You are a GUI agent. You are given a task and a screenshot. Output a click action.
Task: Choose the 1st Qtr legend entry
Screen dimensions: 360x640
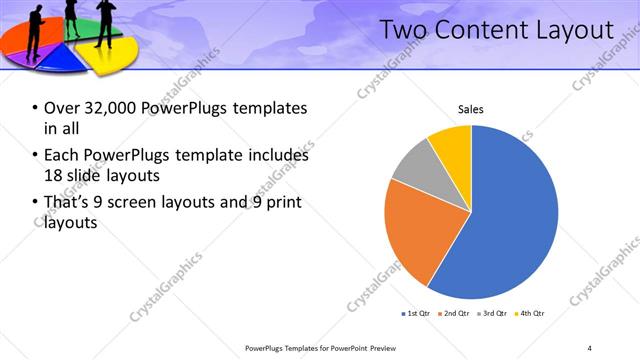tap(417, 314)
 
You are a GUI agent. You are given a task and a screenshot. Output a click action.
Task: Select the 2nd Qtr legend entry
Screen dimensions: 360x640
tap(456, 314)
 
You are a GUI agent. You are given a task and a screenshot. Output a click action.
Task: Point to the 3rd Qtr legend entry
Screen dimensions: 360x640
tap(494, 314)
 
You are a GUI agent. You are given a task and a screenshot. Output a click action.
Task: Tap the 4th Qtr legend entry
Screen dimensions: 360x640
tap(531, 314)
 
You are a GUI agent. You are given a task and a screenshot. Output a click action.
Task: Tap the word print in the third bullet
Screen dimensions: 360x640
tap(282, 203)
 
